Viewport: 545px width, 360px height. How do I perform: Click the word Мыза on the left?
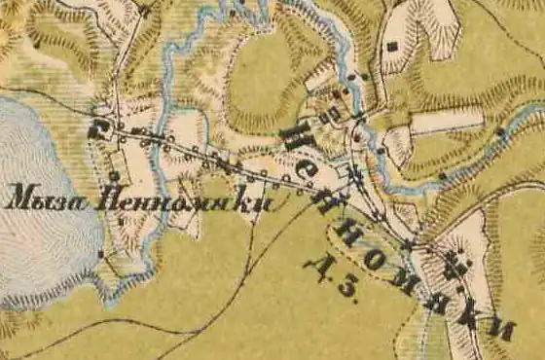(40, 200)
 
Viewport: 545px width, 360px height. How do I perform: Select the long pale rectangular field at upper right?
(446, 120)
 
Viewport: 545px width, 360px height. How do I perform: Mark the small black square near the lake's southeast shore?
(101, 254)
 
